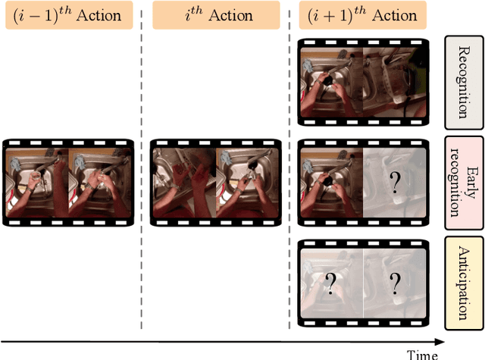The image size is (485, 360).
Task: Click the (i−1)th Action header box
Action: click(x=67, y=16)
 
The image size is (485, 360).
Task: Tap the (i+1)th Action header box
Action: click(x=361, y=16)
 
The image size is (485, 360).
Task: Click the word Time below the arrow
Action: click(x=421, y=354)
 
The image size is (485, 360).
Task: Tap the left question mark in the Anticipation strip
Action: click(x=330, y=283)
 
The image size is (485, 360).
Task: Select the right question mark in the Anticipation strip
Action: click(x=394, y=283)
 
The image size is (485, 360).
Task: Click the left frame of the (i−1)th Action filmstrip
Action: click(x=36, y=182)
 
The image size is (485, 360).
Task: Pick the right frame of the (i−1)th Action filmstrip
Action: click(x=99, y=182)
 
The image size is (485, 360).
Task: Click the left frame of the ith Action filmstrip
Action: click(x=183, y=182)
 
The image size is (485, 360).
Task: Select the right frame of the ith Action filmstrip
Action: click(x=246, y=182)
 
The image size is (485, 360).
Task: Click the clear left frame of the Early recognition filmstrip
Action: click(x=330, y=182)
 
